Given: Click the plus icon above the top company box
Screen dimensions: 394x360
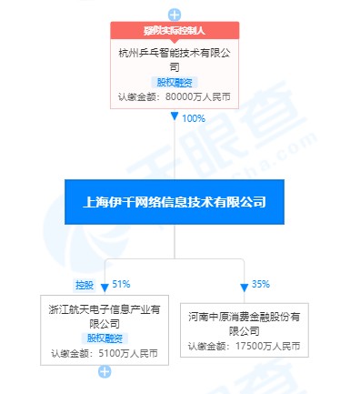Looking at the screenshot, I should click(175, 15).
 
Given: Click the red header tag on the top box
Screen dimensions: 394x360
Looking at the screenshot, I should click(175, 31).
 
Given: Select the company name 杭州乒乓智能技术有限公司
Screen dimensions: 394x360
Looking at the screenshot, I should click(175, 59).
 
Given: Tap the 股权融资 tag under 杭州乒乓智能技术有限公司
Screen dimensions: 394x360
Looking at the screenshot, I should click(175, 82).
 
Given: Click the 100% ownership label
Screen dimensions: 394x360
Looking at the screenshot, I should click(194, 118).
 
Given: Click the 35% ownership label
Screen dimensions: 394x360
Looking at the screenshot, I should click(262, 285).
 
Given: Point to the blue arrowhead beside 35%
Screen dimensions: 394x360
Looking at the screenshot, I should click(245, 286).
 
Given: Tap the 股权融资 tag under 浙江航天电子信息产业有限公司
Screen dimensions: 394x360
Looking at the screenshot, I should click(105, 338).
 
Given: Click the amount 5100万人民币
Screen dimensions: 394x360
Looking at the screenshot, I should click(124, 353).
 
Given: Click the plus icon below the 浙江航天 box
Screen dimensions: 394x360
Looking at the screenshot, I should click(105, 371).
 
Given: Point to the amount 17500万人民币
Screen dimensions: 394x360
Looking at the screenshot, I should click(267, 346).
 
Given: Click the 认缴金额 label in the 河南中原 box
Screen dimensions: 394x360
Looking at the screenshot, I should click(207, 346).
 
